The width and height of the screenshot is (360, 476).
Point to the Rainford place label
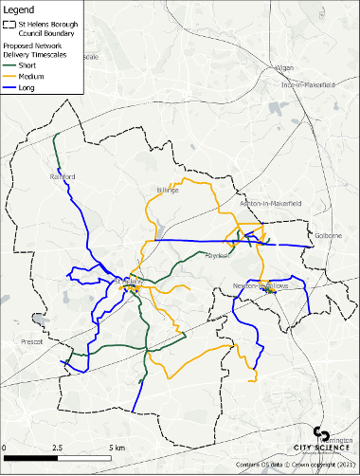[62, 177]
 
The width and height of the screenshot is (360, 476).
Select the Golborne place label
[329, 235]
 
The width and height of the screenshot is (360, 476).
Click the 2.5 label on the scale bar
[59, 447]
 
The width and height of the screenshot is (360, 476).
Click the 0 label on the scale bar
[4, 447]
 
